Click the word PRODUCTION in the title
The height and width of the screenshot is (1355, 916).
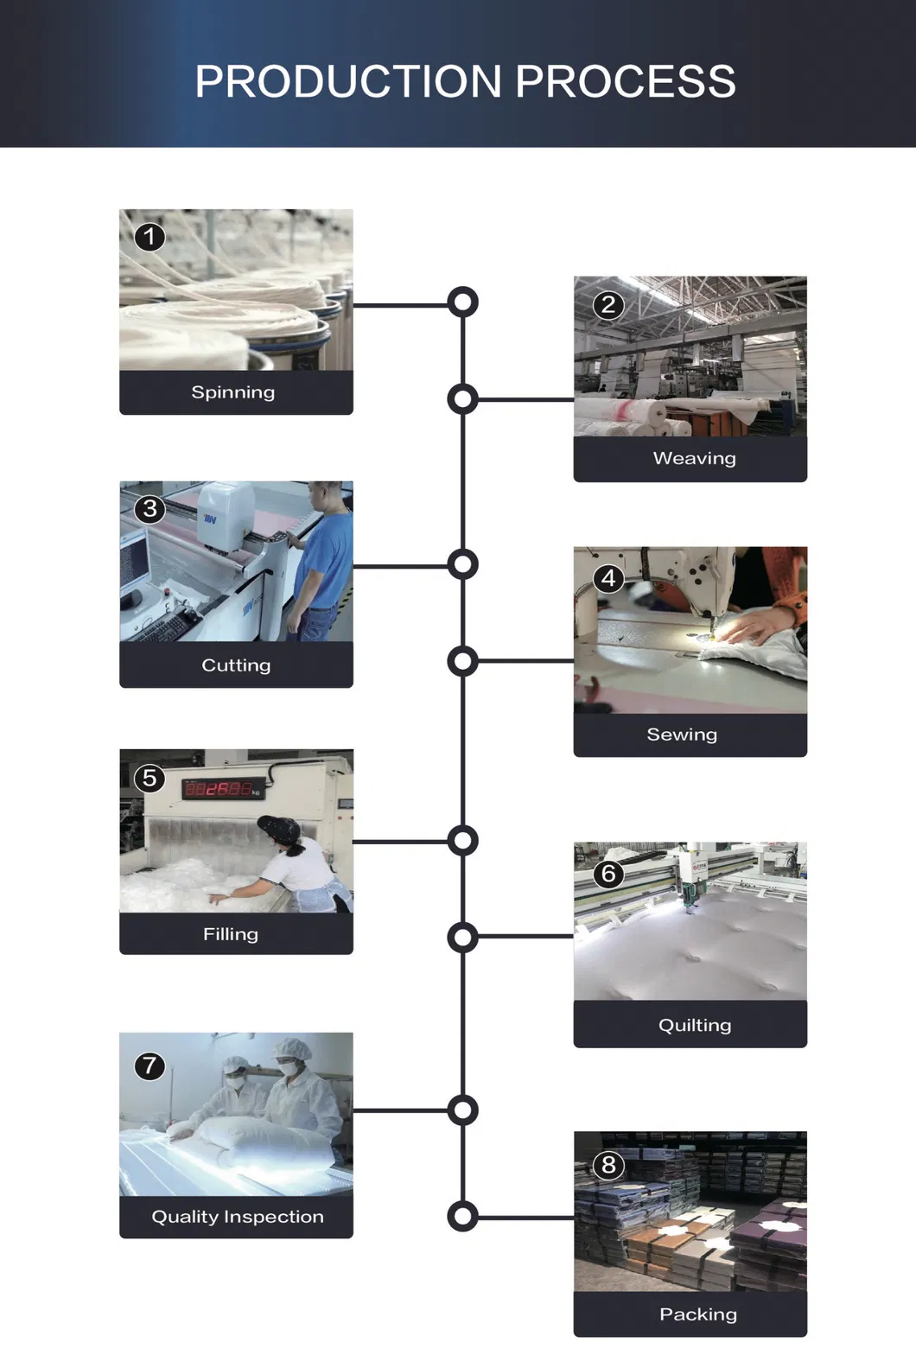click(348, 82)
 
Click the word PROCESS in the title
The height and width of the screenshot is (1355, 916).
click(626, 82)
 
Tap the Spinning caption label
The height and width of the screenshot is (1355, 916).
click(233, 392)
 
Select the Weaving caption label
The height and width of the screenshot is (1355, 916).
click(694, 459)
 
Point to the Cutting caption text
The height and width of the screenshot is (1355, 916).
click(236, 665)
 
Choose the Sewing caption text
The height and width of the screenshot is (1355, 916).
click(682, 735)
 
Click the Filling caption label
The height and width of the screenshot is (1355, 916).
click(231, 934)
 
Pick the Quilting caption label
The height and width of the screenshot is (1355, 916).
click(694, 1026)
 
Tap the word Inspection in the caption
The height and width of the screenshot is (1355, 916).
click(274, 1217)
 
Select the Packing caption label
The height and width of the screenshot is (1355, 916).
click(697, 1314)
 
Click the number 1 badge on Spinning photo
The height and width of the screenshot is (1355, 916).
click(149, 237)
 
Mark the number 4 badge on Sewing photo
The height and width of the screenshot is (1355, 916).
click(608, 578)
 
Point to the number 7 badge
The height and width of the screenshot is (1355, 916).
click(149, 1066)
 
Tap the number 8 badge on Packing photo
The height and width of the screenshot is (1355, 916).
click(608, 1165)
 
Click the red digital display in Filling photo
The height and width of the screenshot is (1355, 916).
click(219, 789)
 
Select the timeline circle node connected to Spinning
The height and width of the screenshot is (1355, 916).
click(463, 302)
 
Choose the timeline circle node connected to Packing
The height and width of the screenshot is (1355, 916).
click(463, 1217)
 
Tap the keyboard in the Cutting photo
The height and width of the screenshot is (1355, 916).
click(163, 626)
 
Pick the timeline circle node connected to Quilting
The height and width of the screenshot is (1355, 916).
click(463, 937)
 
